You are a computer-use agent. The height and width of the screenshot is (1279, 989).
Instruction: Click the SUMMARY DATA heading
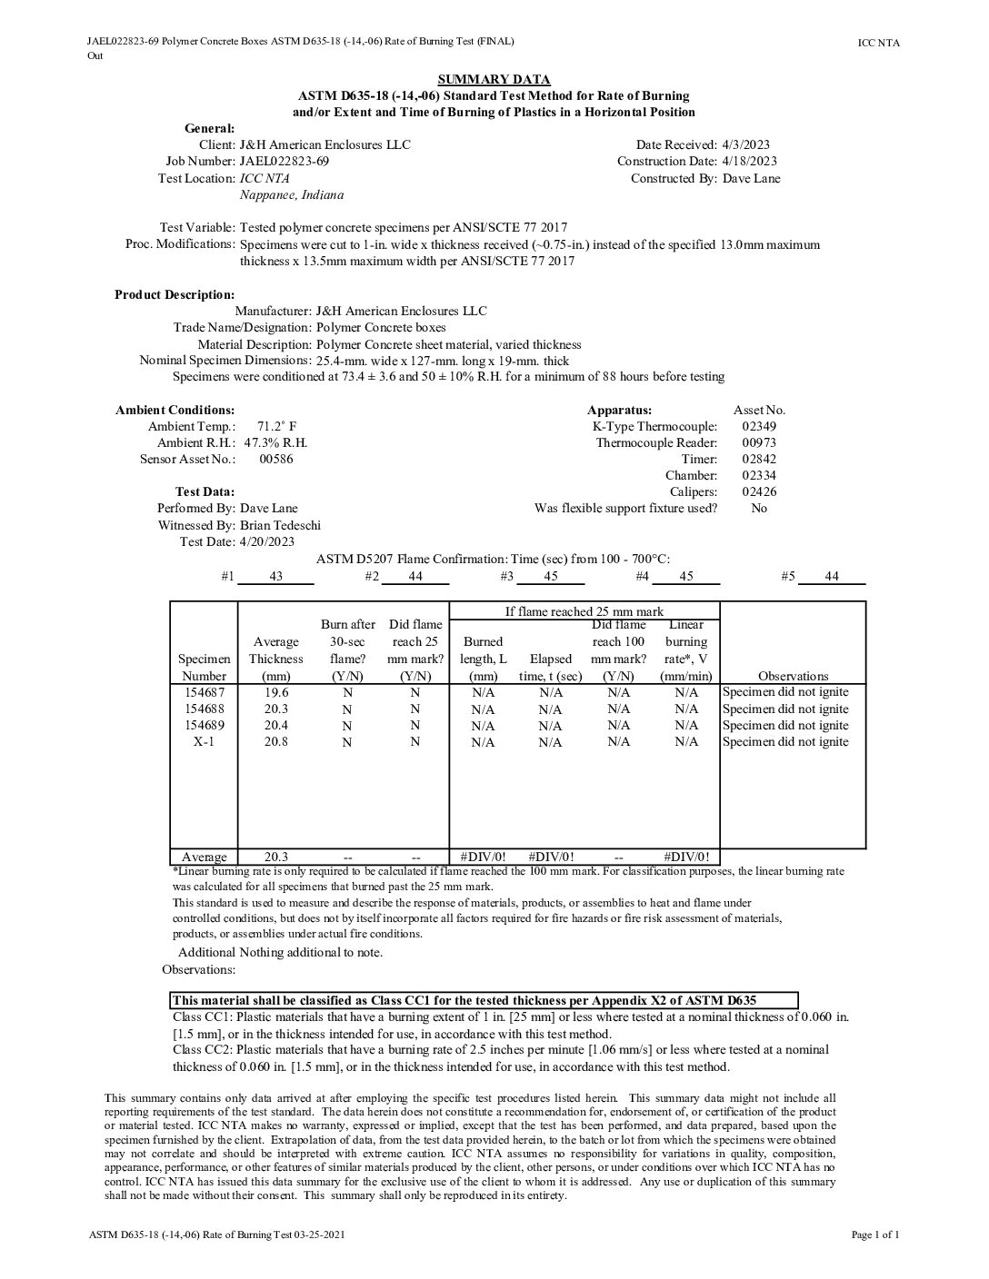point(494,79)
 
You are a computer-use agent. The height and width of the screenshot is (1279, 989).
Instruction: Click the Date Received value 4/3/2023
point(745,144)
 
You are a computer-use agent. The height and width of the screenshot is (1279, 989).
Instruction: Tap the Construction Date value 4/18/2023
point(749,161)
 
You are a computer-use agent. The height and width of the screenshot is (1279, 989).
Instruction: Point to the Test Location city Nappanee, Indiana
point(292,194)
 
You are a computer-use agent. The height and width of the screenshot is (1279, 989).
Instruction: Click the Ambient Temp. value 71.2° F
point(276,426)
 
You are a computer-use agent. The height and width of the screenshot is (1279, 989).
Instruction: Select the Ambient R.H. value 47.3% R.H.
point(276,442)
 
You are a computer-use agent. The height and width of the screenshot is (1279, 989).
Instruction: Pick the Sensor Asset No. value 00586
point(276,459)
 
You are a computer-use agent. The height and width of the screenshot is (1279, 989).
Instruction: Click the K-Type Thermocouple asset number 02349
point(759,426)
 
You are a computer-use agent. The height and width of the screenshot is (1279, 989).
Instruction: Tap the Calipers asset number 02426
point(759,491)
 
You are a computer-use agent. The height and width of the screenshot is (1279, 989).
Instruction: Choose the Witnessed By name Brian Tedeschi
point(280,525)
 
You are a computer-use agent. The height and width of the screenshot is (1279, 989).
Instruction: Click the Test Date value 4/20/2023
point(267,541)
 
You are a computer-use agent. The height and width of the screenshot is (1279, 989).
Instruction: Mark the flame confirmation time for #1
point(276,577)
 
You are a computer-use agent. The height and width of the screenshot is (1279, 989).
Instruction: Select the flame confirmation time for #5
point(832,577)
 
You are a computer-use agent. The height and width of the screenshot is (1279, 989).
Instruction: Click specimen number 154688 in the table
point(205,709)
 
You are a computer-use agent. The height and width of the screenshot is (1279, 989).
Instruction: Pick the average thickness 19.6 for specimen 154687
point(276,692)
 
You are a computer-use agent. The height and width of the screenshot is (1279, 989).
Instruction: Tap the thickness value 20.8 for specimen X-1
point(276,741)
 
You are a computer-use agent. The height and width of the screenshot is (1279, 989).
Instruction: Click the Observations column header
point(793,676)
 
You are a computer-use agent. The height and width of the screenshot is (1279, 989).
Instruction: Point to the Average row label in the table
point(205,857)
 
